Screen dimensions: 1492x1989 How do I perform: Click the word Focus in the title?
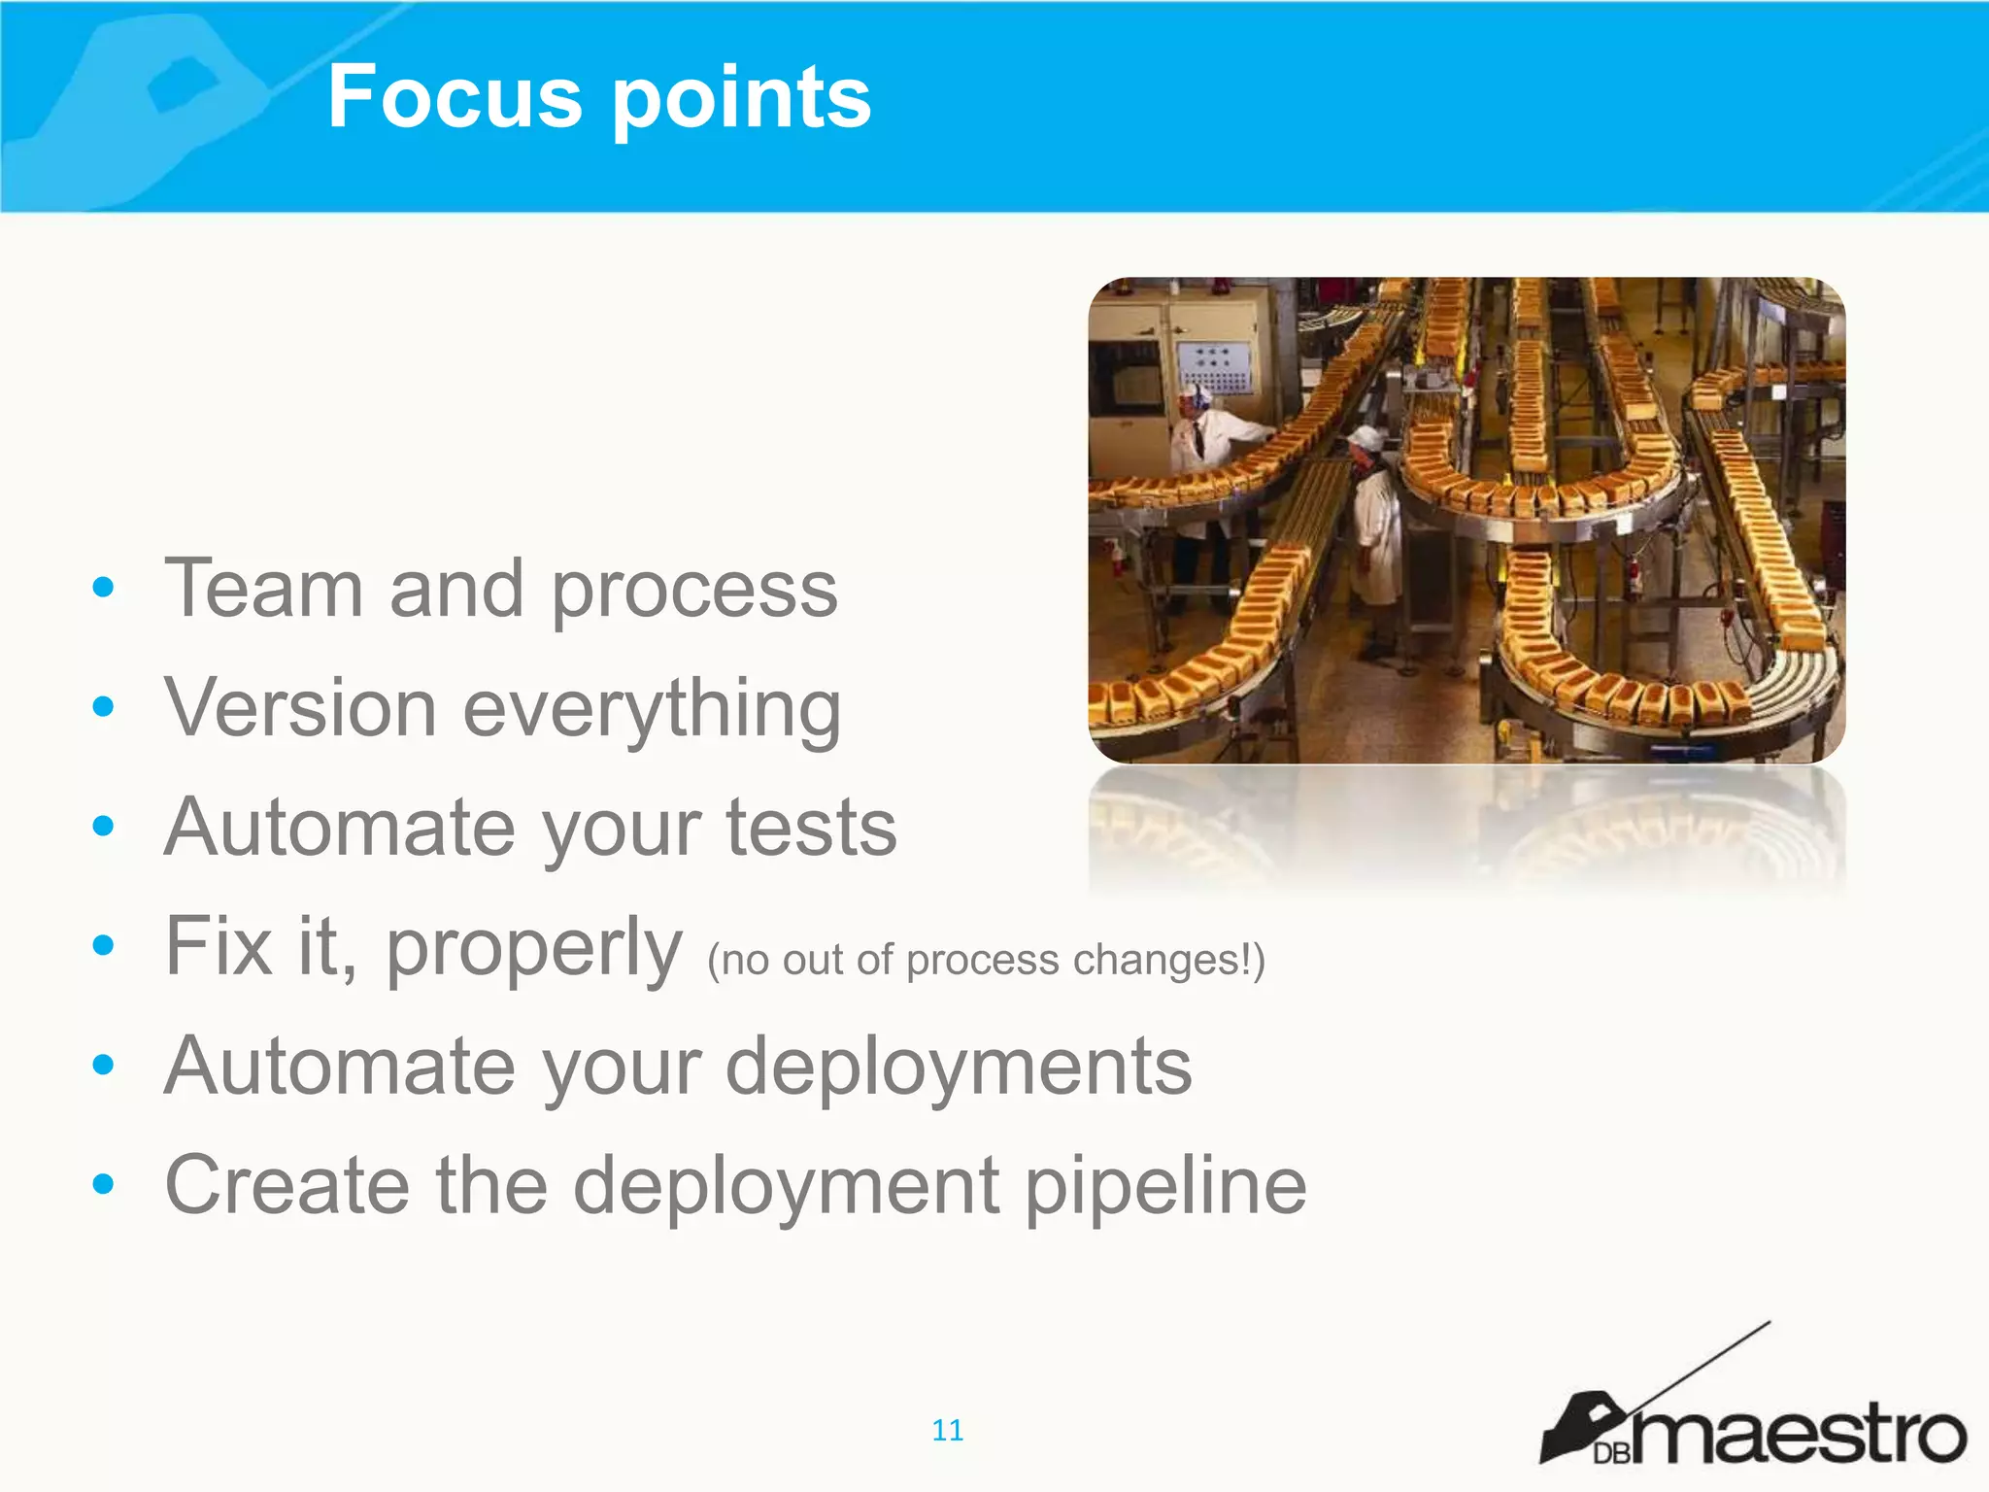(455, 97)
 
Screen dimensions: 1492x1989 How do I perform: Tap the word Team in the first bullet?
(263, 589)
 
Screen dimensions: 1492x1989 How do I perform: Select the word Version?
(300, 708)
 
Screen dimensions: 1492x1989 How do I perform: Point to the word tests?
(811, 828)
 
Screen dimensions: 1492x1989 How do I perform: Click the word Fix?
(219, 946)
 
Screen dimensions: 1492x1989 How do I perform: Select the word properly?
(534, 950)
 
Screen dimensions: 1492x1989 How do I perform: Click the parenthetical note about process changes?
(986, 960)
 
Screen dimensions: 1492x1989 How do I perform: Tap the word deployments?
(959, 1068)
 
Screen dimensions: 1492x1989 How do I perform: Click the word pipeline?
(1165, 1187)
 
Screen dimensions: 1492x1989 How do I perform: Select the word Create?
(287, 1185)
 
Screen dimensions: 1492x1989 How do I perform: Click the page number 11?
(947, 1430)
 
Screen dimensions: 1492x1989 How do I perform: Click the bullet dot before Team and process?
(103, 588)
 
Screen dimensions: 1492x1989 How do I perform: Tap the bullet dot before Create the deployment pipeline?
(103, 1184)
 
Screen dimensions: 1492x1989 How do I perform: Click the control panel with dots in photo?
(1216, 366)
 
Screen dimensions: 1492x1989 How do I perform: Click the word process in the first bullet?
(694, 593)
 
